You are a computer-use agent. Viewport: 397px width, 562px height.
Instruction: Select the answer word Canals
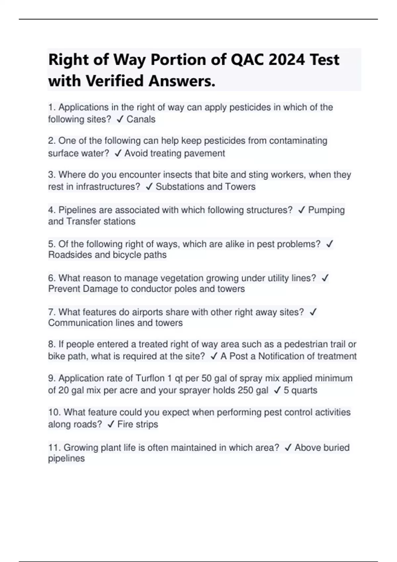141,119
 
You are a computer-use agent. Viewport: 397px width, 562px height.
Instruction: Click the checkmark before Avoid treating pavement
118,153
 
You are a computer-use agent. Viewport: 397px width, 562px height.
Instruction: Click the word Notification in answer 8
287,356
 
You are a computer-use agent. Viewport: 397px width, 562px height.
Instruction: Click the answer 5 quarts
300,390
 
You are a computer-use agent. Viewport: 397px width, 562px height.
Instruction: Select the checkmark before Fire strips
111,424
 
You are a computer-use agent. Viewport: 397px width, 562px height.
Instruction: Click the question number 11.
54,448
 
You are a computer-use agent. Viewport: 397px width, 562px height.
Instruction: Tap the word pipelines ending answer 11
66,459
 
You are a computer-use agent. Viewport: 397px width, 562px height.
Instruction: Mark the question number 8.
52,344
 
